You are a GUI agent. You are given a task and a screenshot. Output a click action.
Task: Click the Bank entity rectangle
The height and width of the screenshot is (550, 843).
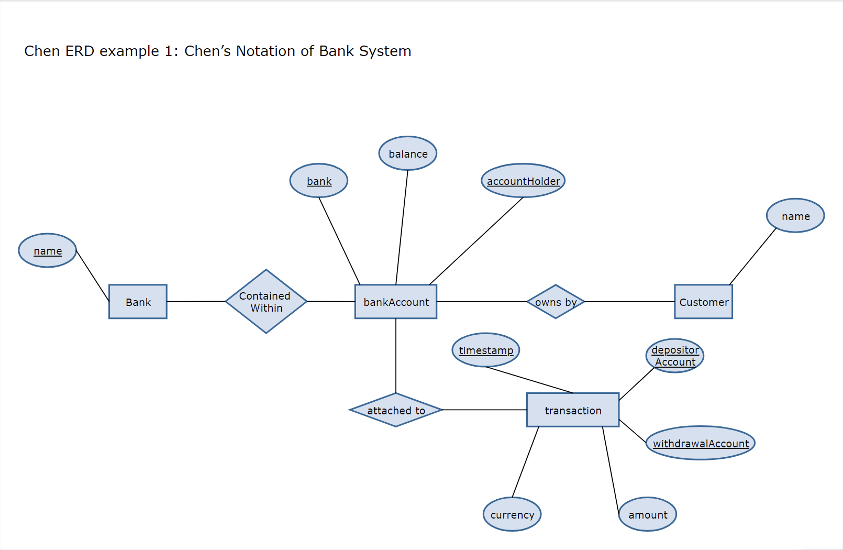pos(138,302)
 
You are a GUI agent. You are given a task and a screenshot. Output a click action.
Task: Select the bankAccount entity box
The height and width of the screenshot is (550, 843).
pos(396,302)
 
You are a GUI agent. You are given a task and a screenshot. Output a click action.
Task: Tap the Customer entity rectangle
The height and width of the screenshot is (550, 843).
pos(703,302)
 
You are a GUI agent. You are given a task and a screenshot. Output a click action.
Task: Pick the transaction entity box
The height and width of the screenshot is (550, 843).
pos(573,410)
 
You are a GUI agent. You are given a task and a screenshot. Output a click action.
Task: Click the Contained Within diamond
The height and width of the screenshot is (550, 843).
pos(266,302)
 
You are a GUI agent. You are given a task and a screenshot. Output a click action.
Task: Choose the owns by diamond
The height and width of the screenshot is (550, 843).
pos(556,302)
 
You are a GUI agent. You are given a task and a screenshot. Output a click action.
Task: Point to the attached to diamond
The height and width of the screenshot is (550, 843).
pos(396,410)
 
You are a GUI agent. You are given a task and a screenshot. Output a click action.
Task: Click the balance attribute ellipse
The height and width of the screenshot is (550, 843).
pos(408,153)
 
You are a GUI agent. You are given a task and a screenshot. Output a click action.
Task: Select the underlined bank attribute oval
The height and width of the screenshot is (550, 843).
pos(319,181)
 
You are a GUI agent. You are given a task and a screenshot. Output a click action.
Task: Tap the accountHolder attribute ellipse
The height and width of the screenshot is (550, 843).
pos(523,181)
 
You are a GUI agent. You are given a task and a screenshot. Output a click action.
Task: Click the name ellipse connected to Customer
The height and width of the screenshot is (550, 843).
pos(795,216)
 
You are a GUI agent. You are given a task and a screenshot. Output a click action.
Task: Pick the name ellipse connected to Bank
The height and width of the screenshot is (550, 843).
pos(48,250)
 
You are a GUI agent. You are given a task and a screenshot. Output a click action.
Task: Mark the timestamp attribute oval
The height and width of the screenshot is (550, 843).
pos(486,350)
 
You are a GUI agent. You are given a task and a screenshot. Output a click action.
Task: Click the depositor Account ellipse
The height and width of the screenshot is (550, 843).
pos(675,356)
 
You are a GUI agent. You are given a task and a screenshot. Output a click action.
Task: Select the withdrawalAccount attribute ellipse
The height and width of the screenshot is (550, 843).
pos(701,443)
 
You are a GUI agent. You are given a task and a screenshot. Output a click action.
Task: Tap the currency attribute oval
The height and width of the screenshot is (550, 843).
pos(512,514)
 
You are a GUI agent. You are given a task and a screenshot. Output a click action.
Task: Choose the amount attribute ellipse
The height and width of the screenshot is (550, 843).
pos(648,514)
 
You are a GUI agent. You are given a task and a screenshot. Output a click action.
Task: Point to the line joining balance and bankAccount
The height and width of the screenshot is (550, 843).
pos(402,225)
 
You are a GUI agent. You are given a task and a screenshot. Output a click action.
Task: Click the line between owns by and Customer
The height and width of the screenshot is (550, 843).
pos(628,302)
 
